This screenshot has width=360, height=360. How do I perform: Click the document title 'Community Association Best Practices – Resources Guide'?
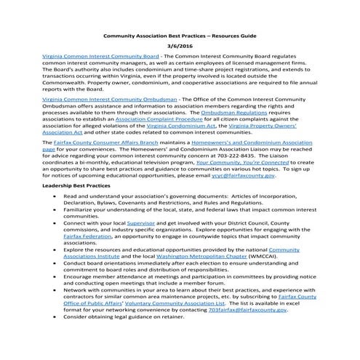[x=179, y=36]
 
